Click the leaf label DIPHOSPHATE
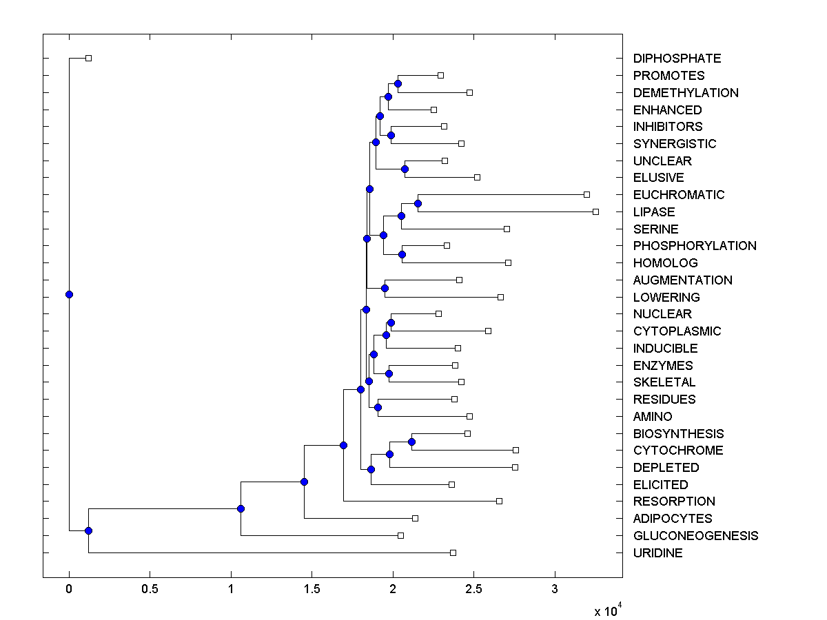tap(667, 59)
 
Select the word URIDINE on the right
tap(657, 552)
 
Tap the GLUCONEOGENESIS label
tap(695, 535)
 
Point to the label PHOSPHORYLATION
tap(694, 246)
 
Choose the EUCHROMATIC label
tap(678, 195)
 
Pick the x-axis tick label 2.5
tap(473, 589)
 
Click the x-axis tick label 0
tap(69, 589)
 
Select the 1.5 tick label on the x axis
tap(312, 589)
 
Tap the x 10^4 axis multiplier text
tap(608, 610)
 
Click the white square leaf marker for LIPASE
tap(595, 211)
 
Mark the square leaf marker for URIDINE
tap(453, 552)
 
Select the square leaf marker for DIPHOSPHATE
tap(88, 58)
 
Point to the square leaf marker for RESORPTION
tap(499, 501)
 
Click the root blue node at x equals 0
tap(69, 294)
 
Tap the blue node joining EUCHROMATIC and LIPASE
tap(418, 203)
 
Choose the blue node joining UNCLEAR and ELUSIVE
tap(405, 169)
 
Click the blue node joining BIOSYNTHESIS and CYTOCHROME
tap(411, 442)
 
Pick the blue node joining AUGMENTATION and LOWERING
tap(385, 288)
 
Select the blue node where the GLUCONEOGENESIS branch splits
tap(241, 508)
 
